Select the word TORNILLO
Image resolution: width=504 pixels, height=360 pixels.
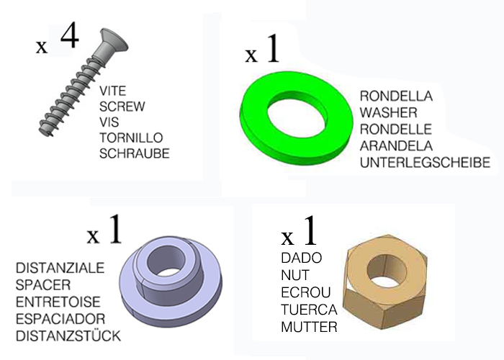131,138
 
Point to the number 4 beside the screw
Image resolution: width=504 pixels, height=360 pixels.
68,36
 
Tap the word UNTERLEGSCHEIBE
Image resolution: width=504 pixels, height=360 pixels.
424,163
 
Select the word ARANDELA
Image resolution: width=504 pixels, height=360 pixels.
394,146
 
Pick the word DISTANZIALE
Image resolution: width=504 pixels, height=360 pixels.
60,268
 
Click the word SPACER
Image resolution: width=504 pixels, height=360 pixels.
42,284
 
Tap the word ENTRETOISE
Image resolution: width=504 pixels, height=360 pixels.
58,302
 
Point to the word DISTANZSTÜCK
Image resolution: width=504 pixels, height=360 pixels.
67,336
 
